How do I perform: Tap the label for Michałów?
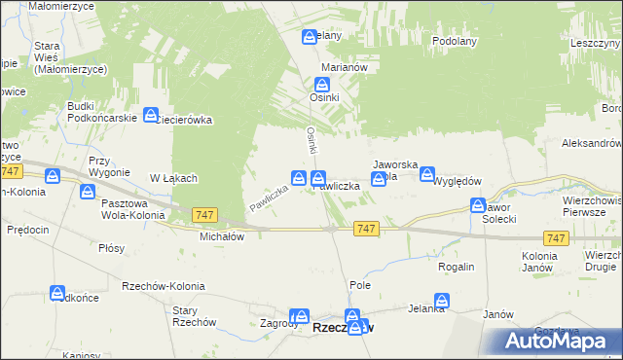click(221, 235)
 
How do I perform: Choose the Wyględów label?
click(458, 182)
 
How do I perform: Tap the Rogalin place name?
click(457, 267)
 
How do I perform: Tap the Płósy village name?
click(111, 248)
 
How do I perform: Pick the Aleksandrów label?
click(591, 143)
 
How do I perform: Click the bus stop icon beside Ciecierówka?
click(151, 115)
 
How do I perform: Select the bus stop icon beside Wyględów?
click(426, 174)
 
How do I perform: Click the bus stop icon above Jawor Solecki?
click(478, 205)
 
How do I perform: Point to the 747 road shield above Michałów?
click(204, 214)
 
